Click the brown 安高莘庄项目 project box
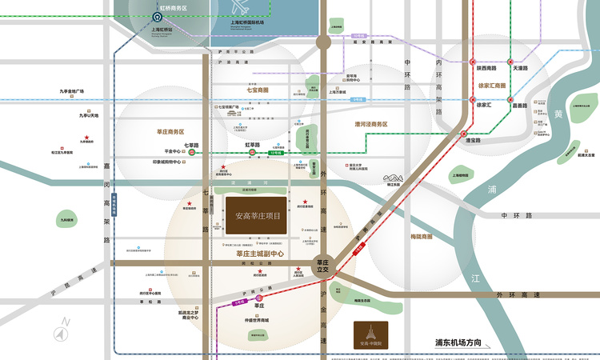pyautogui.click(x=257, y=216)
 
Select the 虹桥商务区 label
pyautogui.click(x=169, y=8)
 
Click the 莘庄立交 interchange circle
pyautogui.click(x=323, y=266)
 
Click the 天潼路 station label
pyautogui.click(x=521, y=68)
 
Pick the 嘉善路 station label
pyautogui.click(x=519, y=106)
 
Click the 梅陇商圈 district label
pyautogui.click(x=421, y=237)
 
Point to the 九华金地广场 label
pyautogui.click(x=71, y=91)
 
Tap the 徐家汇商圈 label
pyautogui.click(x=492, y=86)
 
